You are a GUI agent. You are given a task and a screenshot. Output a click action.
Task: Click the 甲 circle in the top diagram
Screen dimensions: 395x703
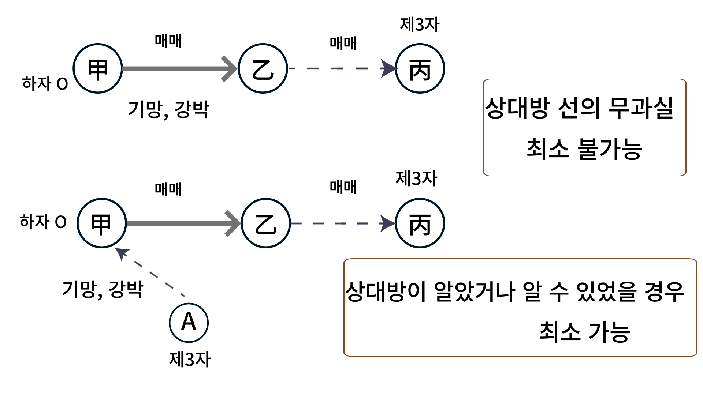(98, 68)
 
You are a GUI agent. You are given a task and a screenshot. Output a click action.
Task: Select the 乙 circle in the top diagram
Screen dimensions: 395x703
(263, 68)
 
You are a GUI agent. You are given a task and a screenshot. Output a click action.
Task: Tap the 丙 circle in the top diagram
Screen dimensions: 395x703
(420, 68)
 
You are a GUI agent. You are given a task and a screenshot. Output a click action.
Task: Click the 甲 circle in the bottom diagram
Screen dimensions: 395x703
(102, 223)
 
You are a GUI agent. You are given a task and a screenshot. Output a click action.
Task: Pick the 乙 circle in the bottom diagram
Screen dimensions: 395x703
(266, 223)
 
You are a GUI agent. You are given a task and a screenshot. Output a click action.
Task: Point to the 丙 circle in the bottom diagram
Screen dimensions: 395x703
(420, 223)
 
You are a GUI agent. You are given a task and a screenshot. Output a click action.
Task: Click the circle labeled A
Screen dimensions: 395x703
(189, 323)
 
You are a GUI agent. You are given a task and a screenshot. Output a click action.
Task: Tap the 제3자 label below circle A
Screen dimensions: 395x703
(190, 359)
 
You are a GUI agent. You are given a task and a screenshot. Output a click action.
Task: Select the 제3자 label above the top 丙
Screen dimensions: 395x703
(420, 25)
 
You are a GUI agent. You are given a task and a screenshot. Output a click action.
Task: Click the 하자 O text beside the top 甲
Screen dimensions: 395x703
(45, 84)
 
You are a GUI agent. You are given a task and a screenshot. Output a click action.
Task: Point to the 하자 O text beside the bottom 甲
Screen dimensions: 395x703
(43, 222)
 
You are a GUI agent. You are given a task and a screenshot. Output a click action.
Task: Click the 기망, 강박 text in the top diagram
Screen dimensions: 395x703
(168, 109)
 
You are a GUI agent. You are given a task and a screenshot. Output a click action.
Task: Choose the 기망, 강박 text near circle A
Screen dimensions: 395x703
(103, 289)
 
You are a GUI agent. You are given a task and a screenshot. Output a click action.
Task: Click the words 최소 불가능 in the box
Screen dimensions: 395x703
(584, 149)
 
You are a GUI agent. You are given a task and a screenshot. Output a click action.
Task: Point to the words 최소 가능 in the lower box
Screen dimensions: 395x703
(584, 332)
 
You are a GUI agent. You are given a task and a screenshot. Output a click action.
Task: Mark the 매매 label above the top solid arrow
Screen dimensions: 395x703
(168, 41)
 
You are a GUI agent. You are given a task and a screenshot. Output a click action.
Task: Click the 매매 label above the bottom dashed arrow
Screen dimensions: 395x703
(343, 187)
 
